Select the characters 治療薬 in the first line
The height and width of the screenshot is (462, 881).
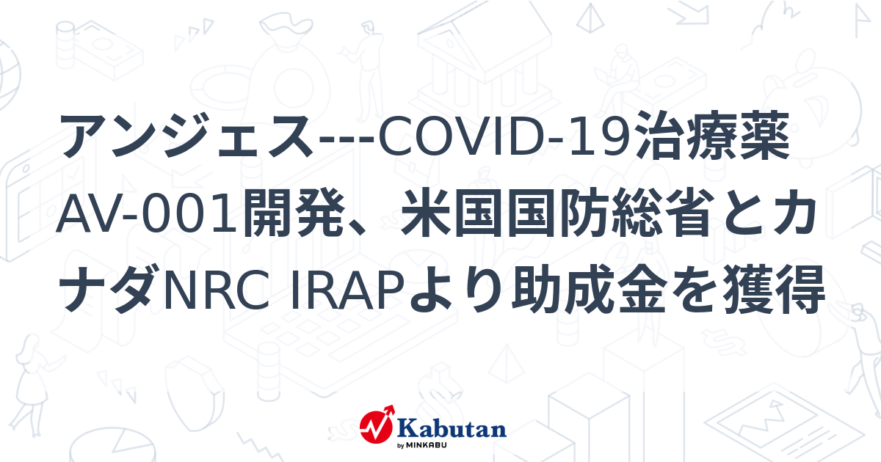[713, 136]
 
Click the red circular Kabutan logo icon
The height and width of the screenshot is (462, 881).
[377, 425]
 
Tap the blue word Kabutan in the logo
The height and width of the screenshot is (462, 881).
[452, 429]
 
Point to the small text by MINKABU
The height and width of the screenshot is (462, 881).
[422, 446]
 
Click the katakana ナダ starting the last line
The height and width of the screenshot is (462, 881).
[110, 290]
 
